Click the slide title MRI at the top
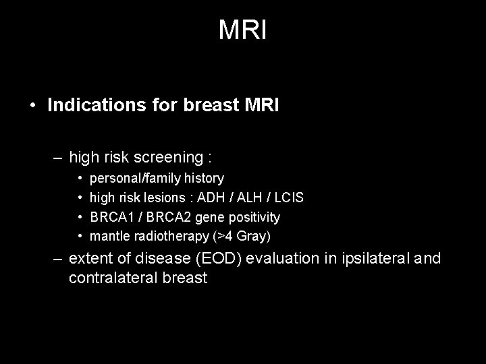coord(243,30)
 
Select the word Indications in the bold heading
coord(87,106)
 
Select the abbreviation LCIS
coord(289,198)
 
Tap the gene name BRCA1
coord(110,217)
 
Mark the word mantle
coord(108,237)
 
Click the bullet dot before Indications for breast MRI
coord(32,107)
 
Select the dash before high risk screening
coord(58,158)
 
